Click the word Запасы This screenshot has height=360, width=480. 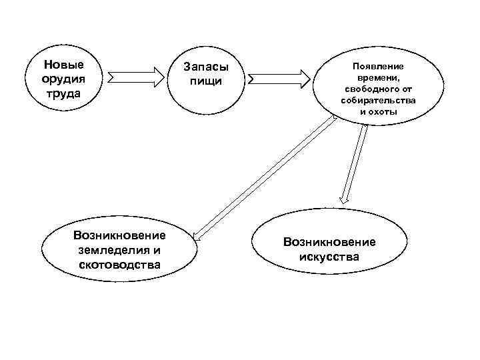click(205, 68)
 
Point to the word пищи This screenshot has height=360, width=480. click(205, 81)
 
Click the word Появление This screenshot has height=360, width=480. click(378, 67)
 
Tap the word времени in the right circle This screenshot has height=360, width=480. click(377, 78)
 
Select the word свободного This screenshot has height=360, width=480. click(373, 89)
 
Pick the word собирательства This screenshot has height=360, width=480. click(378, 100)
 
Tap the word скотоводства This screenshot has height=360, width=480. click(119, 265)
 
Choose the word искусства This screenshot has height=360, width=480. click(329, 257)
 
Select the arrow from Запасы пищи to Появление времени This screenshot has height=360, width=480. click(279, 79)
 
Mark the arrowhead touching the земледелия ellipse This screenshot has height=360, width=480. click(196, 234)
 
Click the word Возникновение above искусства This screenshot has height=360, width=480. click(329, 242)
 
